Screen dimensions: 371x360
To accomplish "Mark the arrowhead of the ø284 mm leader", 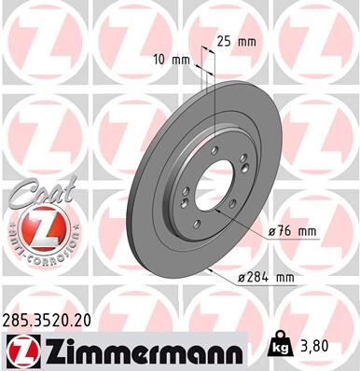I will pyautogui.click(x=214, y=268).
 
